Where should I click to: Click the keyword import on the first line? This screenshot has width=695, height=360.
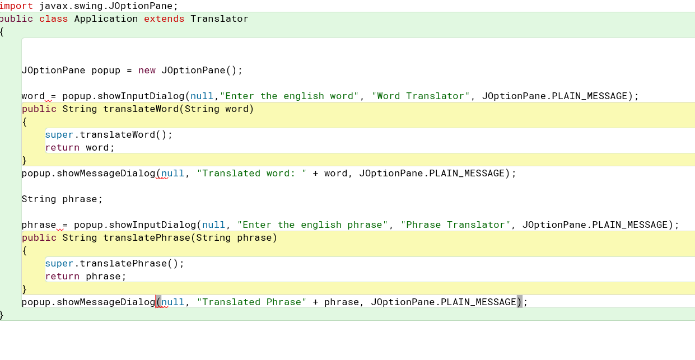[16, 6]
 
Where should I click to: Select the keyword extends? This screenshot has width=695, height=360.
[164, 19]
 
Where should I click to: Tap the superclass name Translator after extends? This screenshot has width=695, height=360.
[219, 19]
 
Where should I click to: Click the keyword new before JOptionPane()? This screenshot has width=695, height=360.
[147, 71]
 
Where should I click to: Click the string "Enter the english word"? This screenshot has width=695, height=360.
[289, 96]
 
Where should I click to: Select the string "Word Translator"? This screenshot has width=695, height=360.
[421, 96]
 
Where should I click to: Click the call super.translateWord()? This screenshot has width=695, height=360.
[109, 135]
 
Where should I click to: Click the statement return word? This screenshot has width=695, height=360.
[80, 148]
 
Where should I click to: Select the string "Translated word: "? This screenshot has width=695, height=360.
[251, 174]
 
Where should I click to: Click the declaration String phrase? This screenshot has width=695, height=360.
[62, 199]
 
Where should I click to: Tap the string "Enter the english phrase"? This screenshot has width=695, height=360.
[312, 225]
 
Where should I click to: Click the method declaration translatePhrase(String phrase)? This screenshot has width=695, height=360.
[190, 238]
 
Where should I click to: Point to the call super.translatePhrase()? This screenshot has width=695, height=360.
[114, 264]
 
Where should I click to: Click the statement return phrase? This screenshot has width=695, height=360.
[86, 277]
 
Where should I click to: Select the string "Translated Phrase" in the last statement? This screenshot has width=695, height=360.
[251, 302]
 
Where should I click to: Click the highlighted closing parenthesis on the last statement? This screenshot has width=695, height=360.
[520, 302]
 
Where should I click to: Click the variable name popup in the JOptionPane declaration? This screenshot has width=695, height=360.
[106, 71]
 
